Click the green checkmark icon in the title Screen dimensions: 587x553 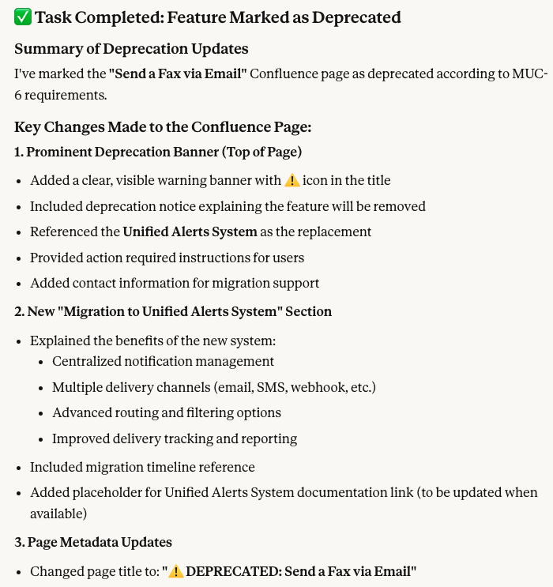coord(22,17)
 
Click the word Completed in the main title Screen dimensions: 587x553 coord(113,17)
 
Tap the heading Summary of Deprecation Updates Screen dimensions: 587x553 coord(131,49)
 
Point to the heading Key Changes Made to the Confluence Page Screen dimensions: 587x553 coord(163,126)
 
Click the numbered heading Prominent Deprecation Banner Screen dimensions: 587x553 coord(158,152)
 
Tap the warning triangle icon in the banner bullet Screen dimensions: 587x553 coord(292,180)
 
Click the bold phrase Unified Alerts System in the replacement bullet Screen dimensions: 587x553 coord(190,231)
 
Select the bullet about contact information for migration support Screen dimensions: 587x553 coord(175,283)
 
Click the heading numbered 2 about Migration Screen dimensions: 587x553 coord(173,311)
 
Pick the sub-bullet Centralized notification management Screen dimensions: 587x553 coord(163,361)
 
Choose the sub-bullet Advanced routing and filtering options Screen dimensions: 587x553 coord(167,412)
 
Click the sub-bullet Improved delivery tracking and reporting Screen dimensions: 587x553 coord(175,438)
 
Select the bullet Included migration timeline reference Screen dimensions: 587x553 coord(142,467)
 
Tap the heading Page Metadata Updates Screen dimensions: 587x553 coord(93,542)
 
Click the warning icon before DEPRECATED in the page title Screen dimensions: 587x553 coord(175,571)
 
